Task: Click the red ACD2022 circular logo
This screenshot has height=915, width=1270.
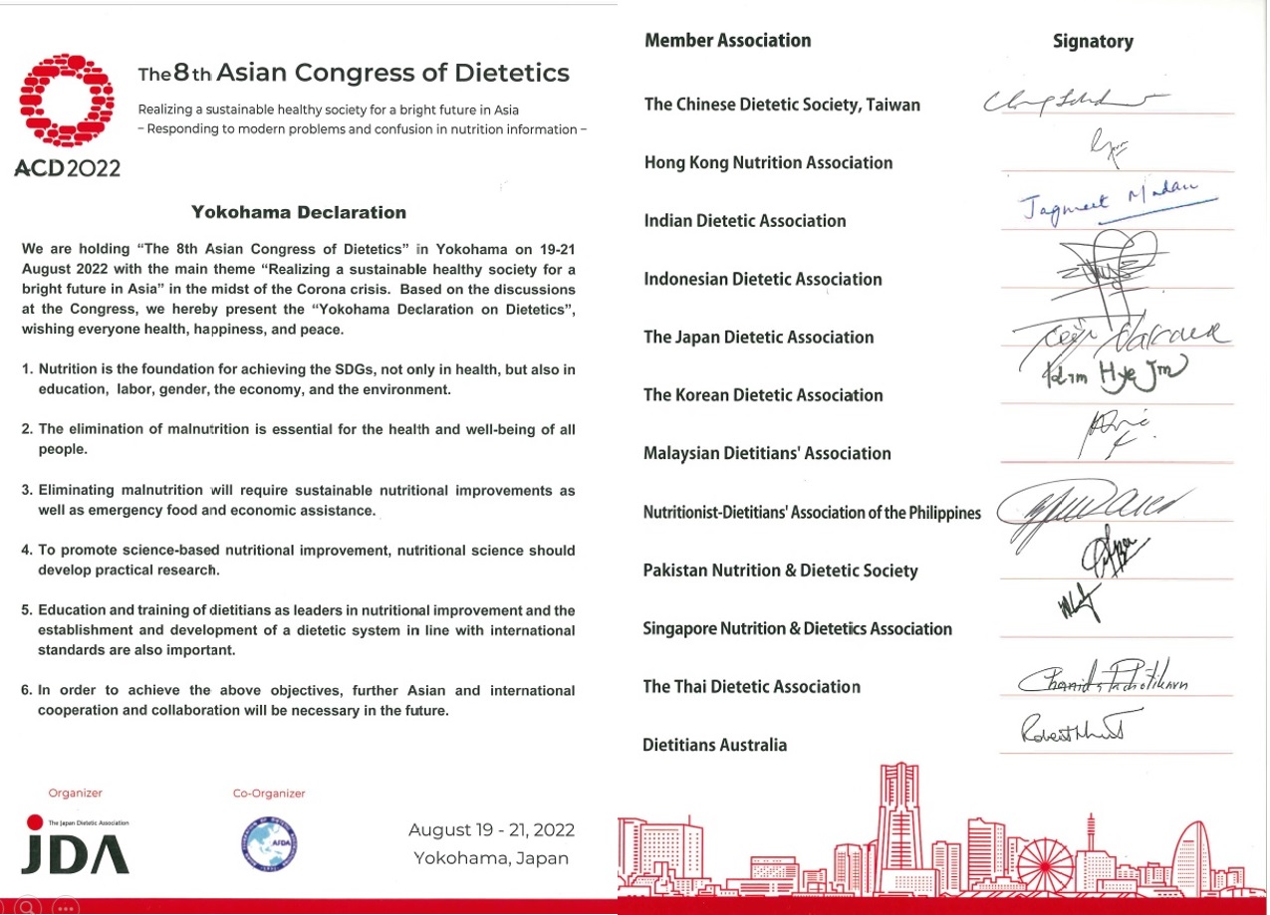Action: tap(69, 101)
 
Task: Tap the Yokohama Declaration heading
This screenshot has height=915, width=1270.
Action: tap(299, 212)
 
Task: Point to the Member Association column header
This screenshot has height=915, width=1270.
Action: tap(727, 41)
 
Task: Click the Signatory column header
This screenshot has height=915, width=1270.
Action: tap(1093, 42)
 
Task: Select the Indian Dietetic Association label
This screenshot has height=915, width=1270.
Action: tap(744, 221)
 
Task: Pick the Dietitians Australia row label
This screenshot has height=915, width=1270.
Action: tap(714, 745)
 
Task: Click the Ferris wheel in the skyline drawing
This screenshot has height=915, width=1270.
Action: tap(1042, 856)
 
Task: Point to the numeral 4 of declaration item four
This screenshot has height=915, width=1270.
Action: tap(26, 551)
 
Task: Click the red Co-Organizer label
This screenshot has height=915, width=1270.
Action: tap(269, 794)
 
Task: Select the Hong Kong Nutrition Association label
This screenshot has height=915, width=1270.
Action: tap(768, 163)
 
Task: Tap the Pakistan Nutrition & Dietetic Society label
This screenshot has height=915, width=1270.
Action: tap(780, 571)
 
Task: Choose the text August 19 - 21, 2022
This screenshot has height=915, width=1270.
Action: tap(491, 830)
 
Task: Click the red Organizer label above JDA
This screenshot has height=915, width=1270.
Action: tap(76, 794)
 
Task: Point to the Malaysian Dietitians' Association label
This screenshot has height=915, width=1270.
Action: tap(767, 454)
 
